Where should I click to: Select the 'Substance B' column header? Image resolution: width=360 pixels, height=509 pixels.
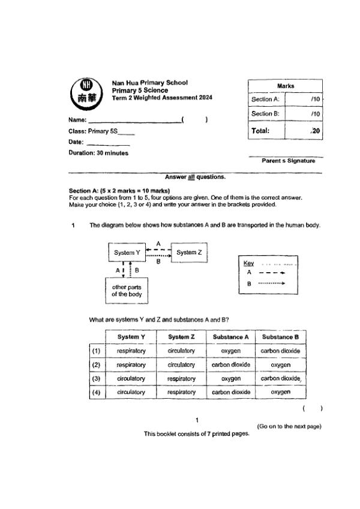(280, 337)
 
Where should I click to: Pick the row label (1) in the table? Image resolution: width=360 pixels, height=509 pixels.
(95, 351)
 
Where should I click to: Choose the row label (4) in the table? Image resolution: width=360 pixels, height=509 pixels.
(95, 392)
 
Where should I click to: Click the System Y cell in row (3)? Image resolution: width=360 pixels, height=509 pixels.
(131, 378)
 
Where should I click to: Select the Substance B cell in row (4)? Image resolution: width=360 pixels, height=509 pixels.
(280, 392)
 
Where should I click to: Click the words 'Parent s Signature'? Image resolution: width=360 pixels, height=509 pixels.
(288, 161)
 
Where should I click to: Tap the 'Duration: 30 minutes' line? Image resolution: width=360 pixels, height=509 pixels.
(98, 153)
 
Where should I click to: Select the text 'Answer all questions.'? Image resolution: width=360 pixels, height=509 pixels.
(196, 177)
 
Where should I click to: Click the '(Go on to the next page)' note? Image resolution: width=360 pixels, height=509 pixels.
(289, 426)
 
